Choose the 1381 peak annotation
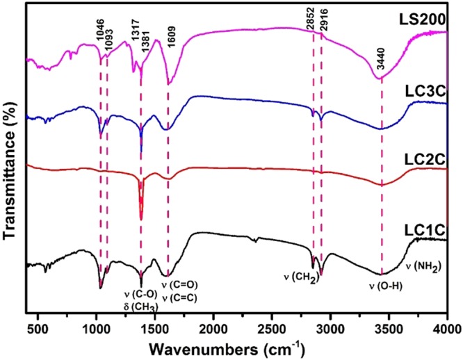pos(144,51)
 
